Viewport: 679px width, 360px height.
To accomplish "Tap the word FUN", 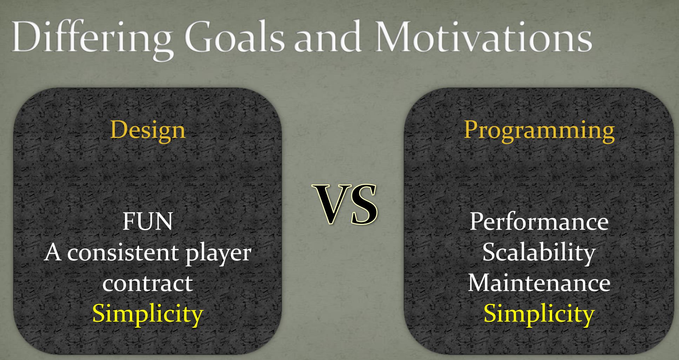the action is click(147, 222).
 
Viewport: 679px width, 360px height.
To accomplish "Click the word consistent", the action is click(123, 253).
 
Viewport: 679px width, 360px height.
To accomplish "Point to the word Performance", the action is click(539, 222).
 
